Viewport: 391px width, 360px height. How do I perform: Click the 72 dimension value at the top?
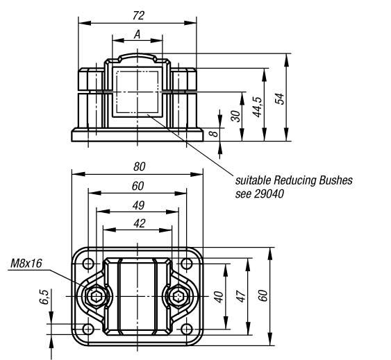tap(138, 16)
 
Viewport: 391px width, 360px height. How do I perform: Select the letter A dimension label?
tap(138, 35)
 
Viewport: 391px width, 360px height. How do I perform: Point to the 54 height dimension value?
tap(280, 98)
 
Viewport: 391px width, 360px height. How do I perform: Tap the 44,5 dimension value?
tap(258, 107)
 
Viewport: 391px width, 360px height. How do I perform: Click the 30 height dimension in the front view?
tap(235, 116)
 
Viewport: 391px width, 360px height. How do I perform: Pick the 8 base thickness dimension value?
tap(213, 134)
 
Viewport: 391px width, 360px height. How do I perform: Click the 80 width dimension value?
tap(139, 166)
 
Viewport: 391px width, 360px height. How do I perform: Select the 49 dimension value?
tap(138, 205)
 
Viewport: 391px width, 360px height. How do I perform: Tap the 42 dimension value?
tap(139, 223)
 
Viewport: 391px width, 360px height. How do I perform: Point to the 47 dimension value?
tap(241, 296)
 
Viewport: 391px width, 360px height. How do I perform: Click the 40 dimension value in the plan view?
tap(219, 297)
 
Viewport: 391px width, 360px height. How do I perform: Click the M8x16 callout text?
tap(26, 264)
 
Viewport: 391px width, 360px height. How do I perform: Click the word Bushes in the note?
tap(335, 180)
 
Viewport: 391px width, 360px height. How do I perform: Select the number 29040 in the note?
tap(269, 194)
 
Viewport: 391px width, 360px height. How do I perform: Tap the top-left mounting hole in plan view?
tap(88, 264)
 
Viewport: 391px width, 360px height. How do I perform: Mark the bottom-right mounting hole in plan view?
tap(187, 329)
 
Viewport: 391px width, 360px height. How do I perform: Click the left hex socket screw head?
tap(96, 296)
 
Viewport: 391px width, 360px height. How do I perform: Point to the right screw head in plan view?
tap(178, 296)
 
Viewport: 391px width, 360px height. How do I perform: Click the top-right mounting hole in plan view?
tap(187, 264)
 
